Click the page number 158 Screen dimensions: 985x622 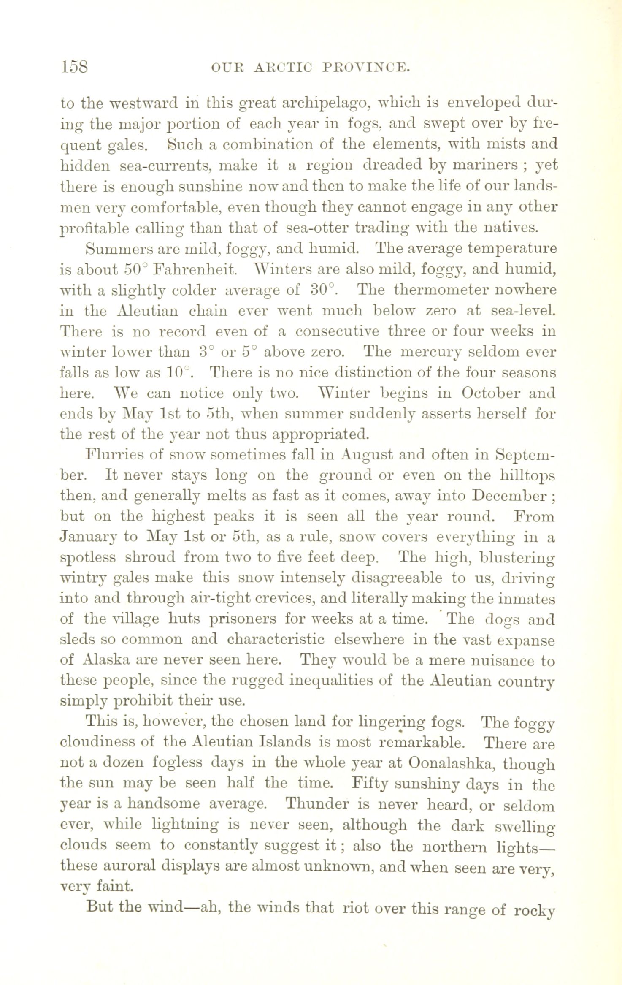pos(74,66)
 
